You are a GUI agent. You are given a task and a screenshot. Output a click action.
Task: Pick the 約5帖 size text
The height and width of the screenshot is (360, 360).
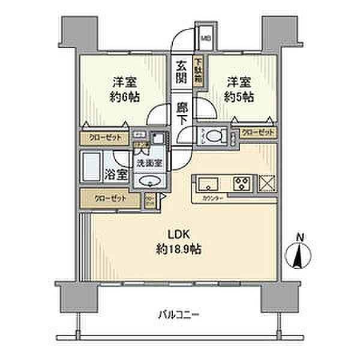pos(239,97)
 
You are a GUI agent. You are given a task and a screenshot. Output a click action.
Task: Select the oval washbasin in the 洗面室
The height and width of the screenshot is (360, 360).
pos(148,182)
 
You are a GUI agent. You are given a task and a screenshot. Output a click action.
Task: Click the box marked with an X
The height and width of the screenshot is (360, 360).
pos(266,182)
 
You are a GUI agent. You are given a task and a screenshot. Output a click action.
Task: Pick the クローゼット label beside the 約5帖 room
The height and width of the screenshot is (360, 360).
pos(258,133)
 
